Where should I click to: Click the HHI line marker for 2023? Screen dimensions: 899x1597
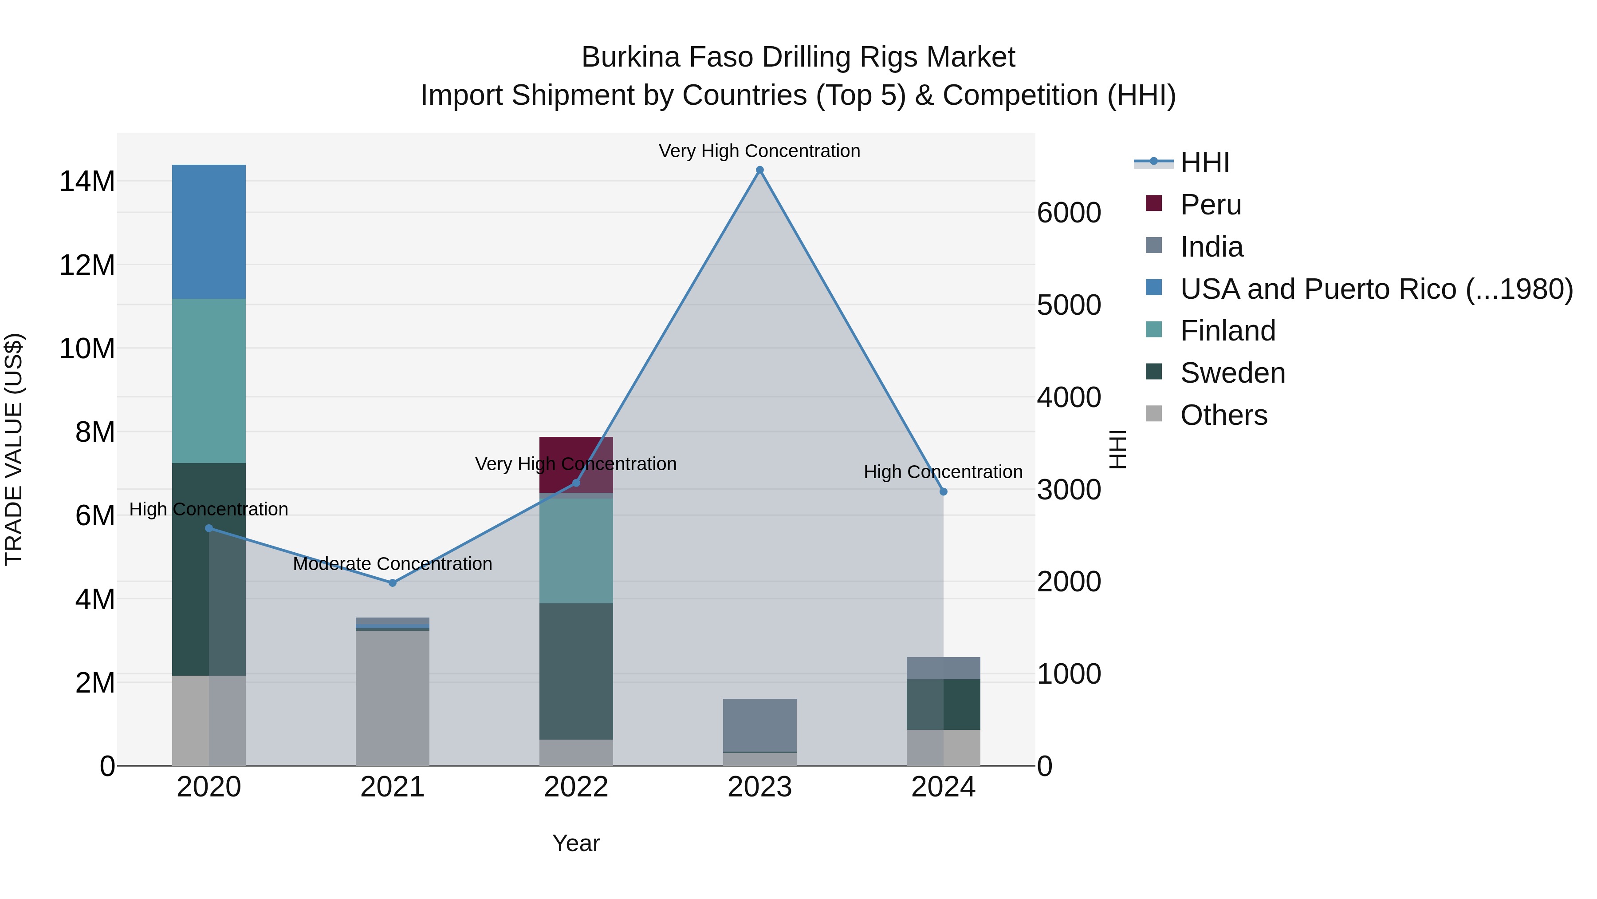(x=759, y=170)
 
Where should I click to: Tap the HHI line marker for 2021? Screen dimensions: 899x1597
(x=393, y=582)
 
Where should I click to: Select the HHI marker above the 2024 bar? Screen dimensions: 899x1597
(x=944, y=491)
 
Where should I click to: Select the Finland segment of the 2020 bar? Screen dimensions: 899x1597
(x=209, y=380)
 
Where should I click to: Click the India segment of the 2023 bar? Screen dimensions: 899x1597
(x=759, y=725)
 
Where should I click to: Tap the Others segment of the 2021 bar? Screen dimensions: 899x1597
(x=393, y=697)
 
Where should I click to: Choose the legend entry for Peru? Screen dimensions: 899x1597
(x=1210, y=205)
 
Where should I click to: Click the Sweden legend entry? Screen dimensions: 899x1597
(x=1232, y=373)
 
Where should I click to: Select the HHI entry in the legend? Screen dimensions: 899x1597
(x=1204, y=162)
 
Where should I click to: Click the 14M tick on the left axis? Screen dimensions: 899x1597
(x=87, y=182)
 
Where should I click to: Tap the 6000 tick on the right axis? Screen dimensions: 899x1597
(x=1069, y=213)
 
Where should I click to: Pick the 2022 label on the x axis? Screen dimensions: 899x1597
(x=576, y=787)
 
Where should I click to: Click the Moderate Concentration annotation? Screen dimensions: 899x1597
(x=393, y=563)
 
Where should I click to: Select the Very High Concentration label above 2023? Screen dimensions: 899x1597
(x=759, y=151)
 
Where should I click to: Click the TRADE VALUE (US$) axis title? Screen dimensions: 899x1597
(x=14, y=449)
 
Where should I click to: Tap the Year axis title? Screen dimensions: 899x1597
(x=576, y=843)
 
